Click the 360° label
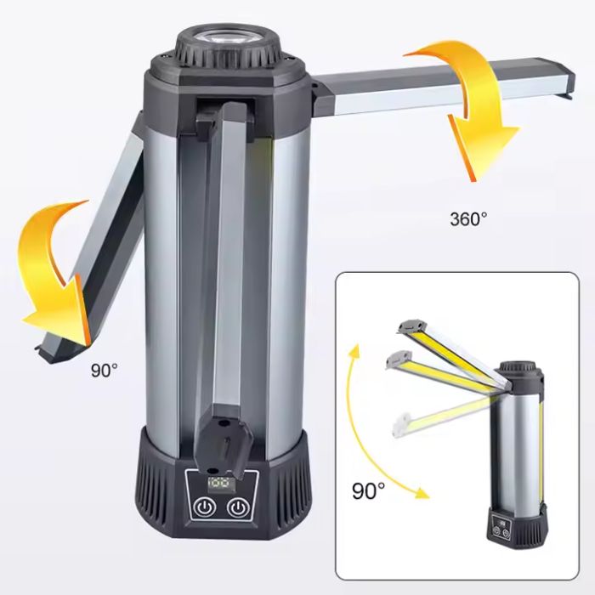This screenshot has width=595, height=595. (468, 219)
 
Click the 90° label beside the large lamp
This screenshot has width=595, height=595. (104, 370)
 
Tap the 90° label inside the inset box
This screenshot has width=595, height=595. (368, 490)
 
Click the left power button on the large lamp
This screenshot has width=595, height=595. (205, 507)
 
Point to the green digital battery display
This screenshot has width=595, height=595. (219, 484)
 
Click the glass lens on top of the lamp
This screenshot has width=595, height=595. (227, 38)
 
